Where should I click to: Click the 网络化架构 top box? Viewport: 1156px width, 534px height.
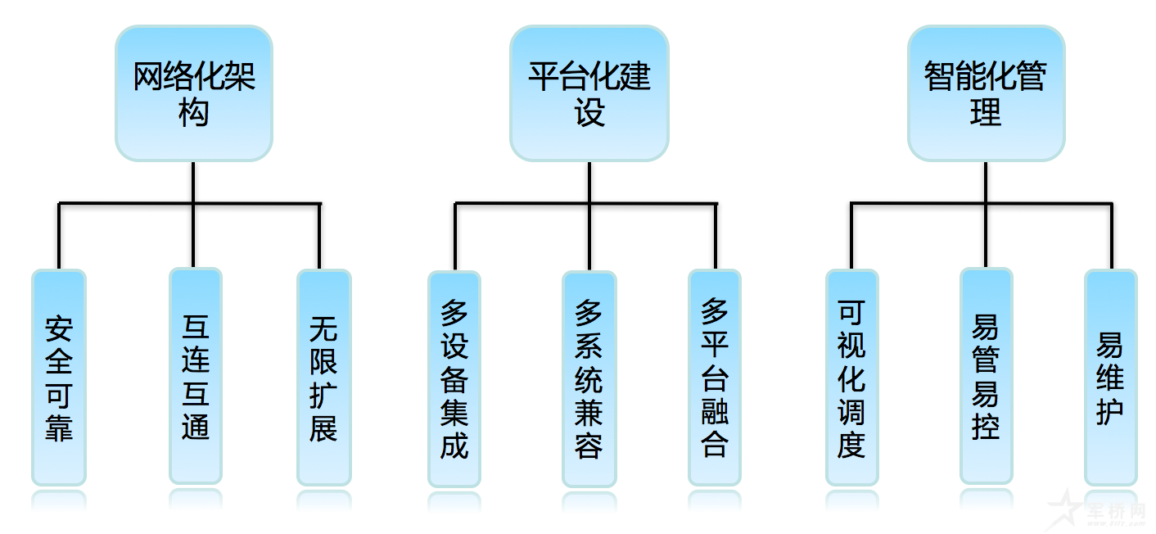pyautogui.click(x=193, y=93)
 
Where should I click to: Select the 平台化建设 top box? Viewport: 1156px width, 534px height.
pyautogui.click(x=589, y=93)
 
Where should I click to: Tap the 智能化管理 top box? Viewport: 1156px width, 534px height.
pyautogui.click(x=986, y=93)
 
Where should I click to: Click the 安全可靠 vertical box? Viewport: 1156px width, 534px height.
pyautogui.click(x=59, y=378)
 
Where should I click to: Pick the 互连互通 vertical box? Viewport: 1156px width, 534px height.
pyautogui.click(x=195, y=376)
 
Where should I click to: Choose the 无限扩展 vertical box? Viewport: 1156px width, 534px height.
pyautogui.click(x=323, y=378)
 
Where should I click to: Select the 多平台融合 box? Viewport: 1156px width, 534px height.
pyautogui.click(x=714, y=378)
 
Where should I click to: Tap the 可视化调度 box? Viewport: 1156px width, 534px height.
pyautogui.click(x=851, y=378)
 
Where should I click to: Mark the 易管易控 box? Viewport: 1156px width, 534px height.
pyautogui.click(x=986, y=376)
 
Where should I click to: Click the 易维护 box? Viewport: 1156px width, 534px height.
pyautogui.click(x=1110, y=378)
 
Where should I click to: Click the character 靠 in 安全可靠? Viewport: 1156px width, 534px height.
pyautogui.click(x=59, y=428)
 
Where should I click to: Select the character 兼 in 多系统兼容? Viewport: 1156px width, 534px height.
pyautogui.click(x=589, y=412)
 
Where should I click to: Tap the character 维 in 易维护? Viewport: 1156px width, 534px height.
pyautogui.click(x=1110, y=378)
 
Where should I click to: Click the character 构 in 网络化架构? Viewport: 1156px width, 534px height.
pyautogui.click(x=193, y=113)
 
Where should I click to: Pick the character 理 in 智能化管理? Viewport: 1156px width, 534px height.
pyautogui.click(x=986, y=113)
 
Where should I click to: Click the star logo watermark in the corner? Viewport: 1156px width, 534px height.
pyautogui.click(x=1065, y=508)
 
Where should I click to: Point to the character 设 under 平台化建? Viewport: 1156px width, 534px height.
pyautogui.click(x=589, y=113)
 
